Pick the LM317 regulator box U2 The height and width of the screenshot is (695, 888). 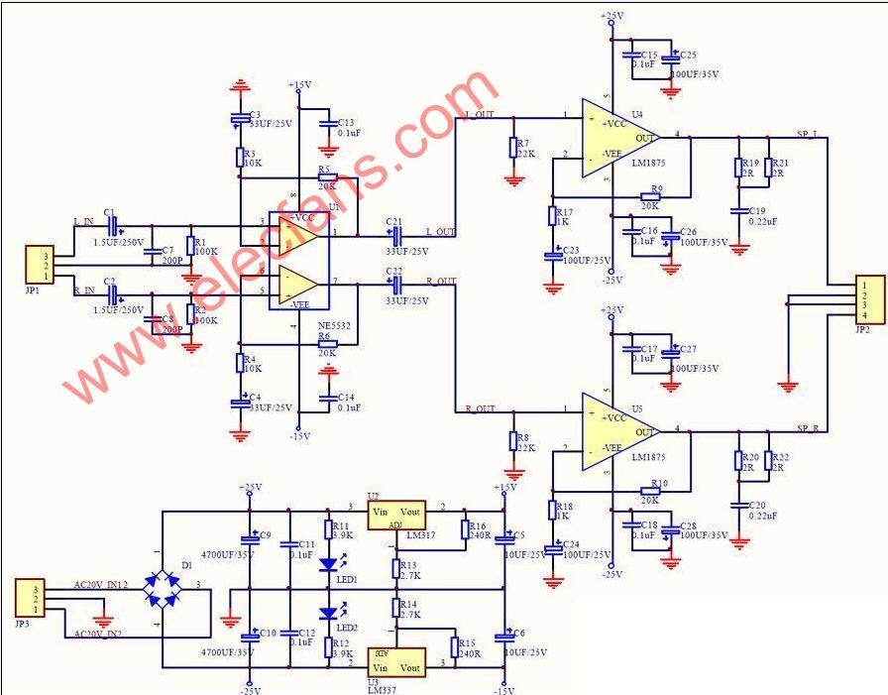395,515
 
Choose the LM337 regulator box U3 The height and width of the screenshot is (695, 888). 395,660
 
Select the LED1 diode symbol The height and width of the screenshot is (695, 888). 329,565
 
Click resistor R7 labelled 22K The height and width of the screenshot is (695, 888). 512,149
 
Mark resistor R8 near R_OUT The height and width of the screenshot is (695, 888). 512,440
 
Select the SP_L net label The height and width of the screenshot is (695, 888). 809,132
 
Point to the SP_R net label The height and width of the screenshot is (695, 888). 809,427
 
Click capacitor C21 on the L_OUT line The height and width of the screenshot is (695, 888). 394,234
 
